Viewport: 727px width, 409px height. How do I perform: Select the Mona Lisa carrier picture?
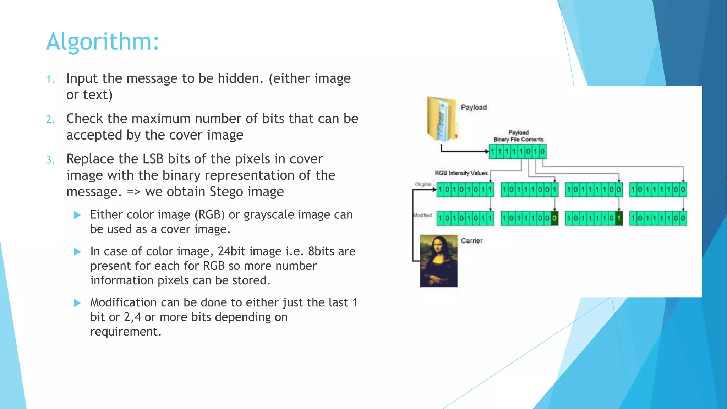[x=439, y=261]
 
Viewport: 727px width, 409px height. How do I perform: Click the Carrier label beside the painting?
[x=471, y=241]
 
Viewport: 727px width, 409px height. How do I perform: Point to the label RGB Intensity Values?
[x=461, y=173]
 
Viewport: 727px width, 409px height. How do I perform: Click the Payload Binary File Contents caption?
[x=518, y=136]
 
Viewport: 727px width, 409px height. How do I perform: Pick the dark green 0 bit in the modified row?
[x=554, y=218]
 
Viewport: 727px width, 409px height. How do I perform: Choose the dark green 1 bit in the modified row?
[x=618, y=218]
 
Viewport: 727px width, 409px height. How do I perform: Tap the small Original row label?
[x=423, y=184]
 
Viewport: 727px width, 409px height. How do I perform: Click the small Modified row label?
[x=422, y=215]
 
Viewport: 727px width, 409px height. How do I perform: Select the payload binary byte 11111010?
[x=518, y=152]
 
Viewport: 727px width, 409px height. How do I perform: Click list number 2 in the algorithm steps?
[x=50, y=120]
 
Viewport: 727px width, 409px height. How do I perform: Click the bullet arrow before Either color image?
[x=77, y=215]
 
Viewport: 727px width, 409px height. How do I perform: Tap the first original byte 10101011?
[x=465, y=190]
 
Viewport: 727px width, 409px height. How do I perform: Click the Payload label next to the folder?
[x=474, y=107]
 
